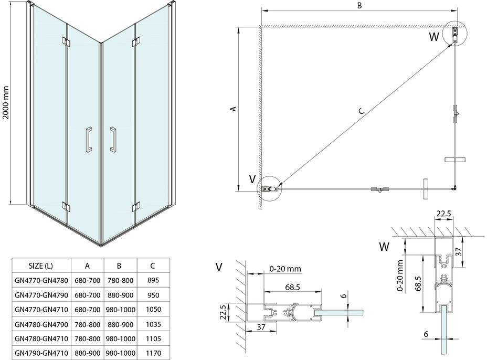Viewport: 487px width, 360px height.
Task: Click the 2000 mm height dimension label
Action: (x=6, y=102)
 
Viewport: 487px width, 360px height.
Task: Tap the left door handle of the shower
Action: (x=88, y=139)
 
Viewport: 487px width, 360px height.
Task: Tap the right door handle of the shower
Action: (x=112, y=139)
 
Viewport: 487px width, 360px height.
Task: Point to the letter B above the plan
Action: (x=359, y=6)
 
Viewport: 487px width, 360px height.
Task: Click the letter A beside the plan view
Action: (x=234, y=109)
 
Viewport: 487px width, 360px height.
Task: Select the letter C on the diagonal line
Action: (x=361, y=111)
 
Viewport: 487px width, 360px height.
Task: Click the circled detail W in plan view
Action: (x=454, y=34)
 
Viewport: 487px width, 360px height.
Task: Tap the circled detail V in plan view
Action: (x=269, y=188)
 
